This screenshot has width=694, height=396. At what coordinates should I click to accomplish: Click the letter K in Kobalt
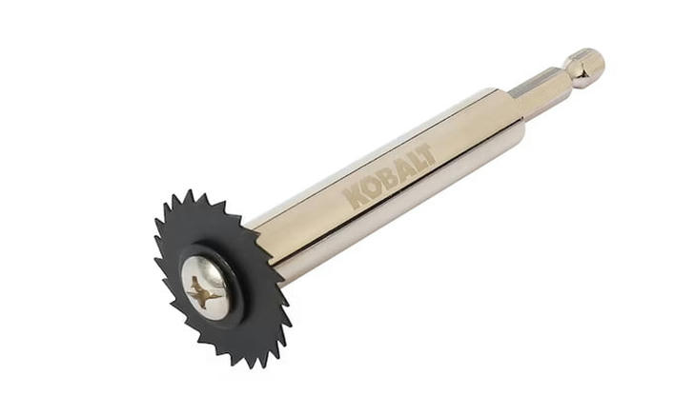click(354, 197)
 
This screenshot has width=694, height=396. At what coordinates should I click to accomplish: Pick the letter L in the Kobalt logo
click(415, 160)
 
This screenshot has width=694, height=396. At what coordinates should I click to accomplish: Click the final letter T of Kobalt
click(426, 153)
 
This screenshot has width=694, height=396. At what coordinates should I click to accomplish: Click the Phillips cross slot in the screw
click(204, 292)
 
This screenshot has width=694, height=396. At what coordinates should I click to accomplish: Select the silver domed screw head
click(206, 288)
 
